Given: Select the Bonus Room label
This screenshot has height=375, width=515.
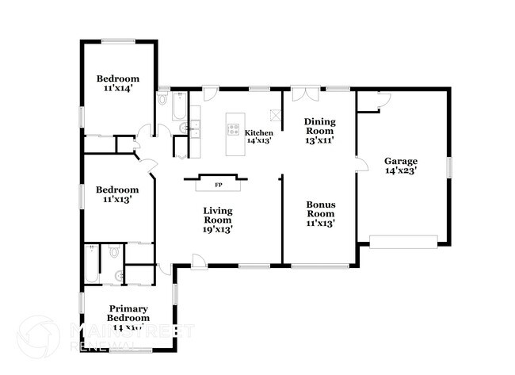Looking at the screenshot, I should click(x=321, y=214).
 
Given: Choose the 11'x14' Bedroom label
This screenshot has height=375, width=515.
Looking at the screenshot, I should click(x=118, y=83).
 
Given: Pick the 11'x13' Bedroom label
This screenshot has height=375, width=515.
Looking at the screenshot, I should click(x=117, y=194).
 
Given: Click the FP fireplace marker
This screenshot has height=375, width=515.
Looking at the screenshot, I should click(x=219, y=185).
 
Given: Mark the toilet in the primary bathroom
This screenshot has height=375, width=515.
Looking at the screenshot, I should click(x=115, y=253).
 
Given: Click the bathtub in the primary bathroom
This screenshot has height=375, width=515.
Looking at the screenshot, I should click(x=91, y=265).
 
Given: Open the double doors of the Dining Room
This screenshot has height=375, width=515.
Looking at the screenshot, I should click(x=302, y=96).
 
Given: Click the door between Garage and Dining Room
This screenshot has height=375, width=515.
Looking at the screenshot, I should click(x=360, y=165).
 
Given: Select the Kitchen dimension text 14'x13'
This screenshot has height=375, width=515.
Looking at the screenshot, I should click(x=259, y=140).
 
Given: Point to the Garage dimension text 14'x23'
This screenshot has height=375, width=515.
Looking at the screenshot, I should click(x=401, y=170).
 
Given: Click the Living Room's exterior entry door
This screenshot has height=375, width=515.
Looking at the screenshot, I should click(x=199, y=261).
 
